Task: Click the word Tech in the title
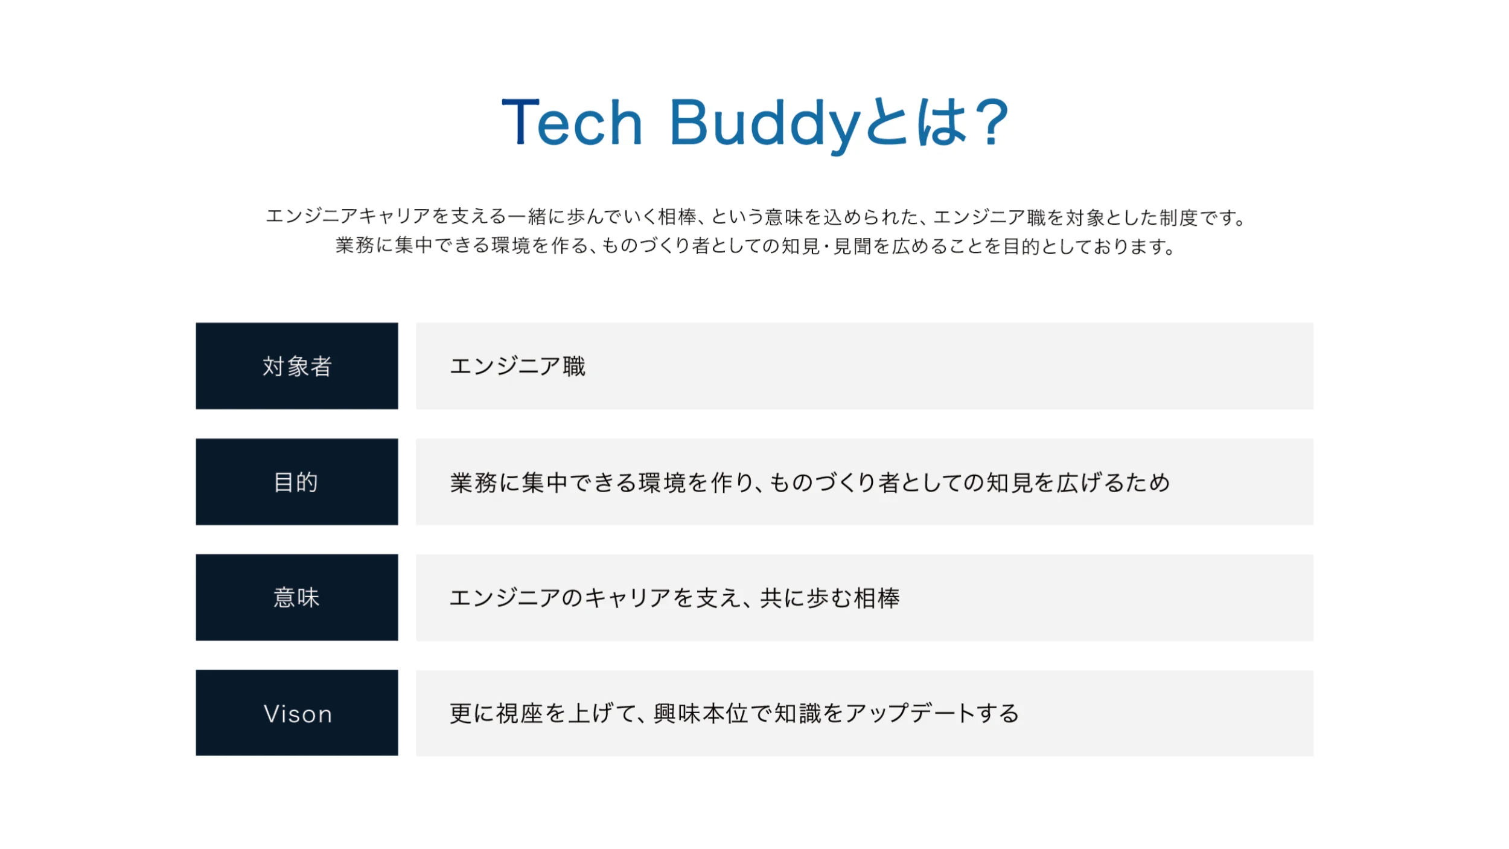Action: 572,123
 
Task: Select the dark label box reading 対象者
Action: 297,366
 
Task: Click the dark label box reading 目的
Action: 297,482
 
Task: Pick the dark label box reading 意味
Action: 297,597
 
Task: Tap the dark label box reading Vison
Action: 297,713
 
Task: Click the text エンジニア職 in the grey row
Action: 517,366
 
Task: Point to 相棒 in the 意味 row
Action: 876,598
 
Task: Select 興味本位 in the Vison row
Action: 701,713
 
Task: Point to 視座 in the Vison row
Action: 520,713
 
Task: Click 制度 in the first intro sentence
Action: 1178,217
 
